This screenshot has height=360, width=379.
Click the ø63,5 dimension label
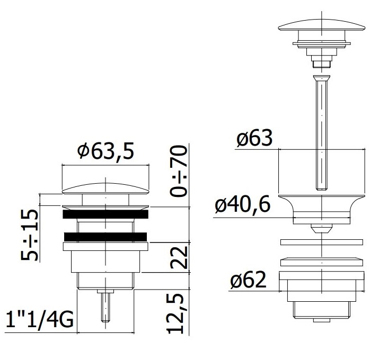coord(105,151)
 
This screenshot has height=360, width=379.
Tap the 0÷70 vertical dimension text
coord(179,171)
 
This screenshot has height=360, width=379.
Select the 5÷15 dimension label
coord(29,235)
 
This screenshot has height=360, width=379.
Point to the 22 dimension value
coord(179,257)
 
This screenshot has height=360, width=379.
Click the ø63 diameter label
coord(254,138)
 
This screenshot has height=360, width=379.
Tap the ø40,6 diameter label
coord(242,205)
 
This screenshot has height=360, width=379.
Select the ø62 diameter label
coord(248,280)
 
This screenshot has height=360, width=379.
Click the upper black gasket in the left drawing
coord(105,214)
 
